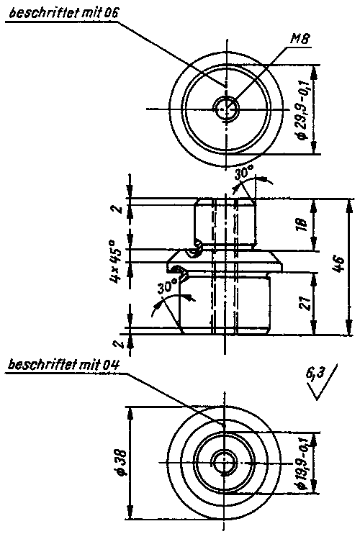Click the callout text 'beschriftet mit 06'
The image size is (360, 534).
coord(63,14)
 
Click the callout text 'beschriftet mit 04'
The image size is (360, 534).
coord(63,365)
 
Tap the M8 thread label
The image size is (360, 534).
coord(300,40)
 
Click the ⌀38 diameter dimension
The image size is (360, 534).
coord(121,462)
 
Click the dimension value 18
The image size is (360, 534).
coord(302,224)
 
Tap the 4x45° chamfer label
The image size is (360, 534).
coord(116,262)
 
